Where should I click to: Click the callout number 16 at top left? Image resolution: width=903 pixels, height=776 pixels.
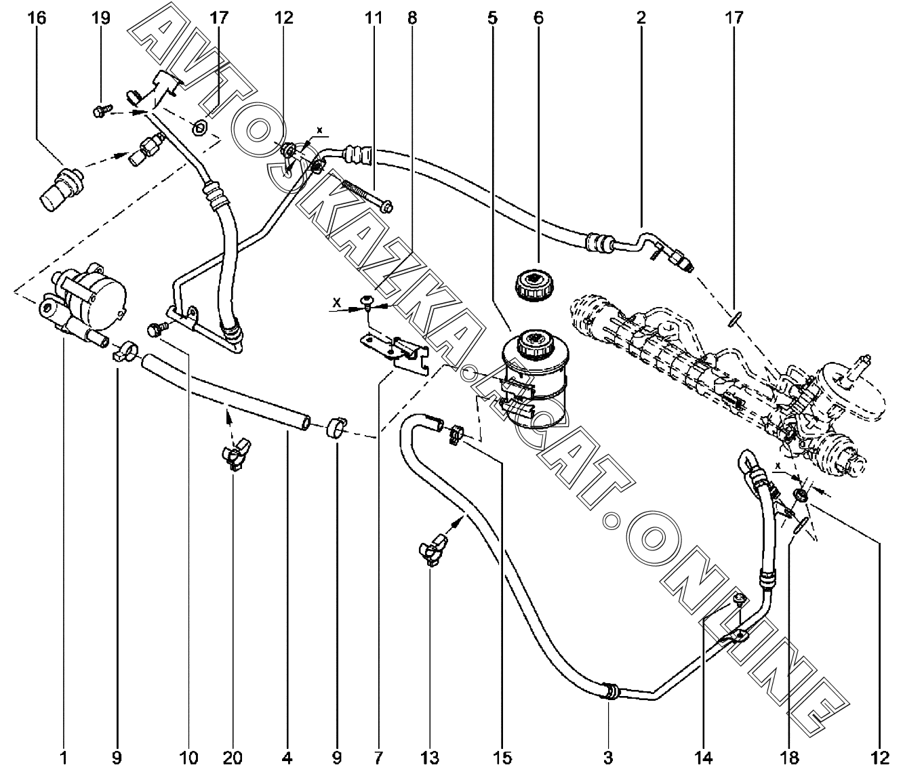click(x=37, y=18)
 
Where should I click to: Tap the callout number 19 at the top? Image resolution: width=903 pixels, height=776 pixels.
click(x=100, y=18)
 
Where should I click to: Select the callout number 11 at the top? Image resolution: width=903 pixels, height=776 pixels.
click(x=374, y=18)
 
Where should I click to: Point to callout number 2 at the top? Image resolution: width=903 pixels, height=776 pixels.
click(x=641, y=18)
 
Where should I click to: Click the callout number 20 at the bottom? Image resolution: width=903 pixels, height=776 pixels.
click(x=232, y=758)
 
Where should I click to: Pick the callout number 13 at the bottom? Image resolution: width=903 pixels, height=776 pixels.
click(x=430, y=758)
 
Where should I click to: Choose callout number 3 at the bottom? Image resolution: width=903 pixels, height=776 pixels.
click(x=608, y=758)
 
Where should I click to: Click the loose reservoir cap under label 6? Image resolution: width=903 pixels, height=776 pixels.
click(x=536, y=285)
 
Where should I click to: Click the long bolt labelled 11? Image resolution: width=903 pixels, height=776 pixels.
click(x=367, y=195)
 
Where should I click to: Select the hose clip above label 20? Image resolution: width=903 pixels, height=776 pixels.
click(x=234, y=456)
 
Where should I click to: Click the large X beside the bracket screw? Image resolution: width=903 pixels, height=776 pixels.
click(x=336, y=302)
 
